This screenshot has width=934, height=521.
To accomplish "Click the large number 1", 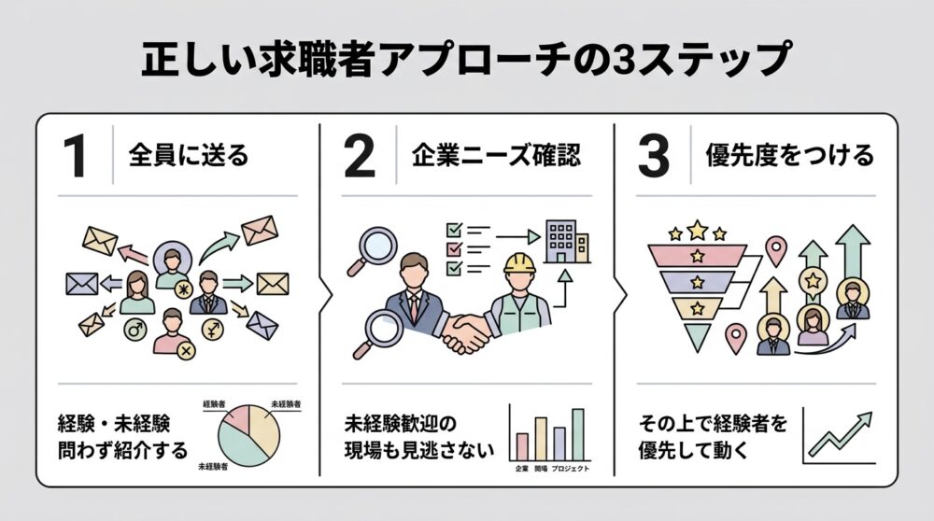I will pyautogui.click(x=76, y=156).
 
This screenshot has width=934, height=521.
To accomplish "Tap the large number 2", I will pyautogui.click(x=359, y=156).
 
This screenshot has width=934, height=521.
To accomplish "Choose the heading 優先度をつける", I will pyautogui.click(x=789, y=155).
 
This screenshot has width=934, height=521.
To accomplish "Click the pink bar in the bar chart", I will pyautogui.click(x=523, y=446).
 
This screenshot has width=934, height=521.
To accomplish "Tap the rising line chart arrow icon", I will pyautogui.click(x=840, y=434).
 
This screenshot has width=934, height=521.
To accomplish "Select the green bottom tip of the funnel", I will pyautogui.click(x=694, y=336).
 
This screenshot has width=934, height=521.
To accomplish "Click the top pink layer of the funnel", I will pyautogui.click(x=696, y=254).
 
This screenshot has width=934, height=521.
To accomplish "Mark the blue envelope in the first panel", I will pyautogui.click(x=81, y=283).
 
